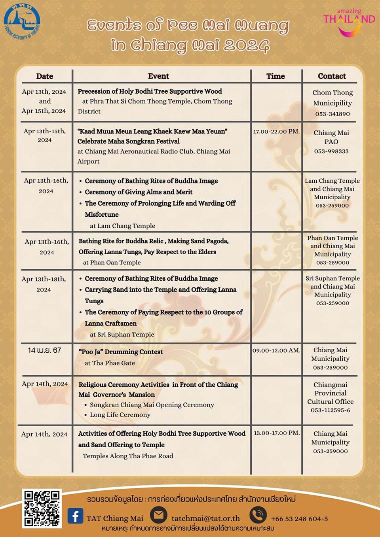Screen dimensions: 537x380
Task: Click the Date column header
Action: pos(44,76)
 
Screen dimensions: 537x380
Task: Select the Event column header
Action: pos(158,76)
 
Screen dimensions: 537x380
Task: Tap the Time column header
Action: pos(275,76)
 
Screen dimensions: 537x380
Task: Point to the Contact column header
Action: pos(332,76)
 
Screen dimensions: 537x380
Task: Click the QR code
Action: pos(42,509)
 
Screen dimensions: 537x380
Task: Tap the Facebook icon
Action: pos(75,516)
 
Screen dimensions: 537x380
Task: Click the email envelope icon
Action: pos(158,515)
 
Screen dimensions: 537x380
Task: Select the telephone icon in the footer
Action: pos(258,515)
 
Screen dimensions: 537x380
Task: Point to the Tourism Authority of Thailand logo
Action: pos(22,23)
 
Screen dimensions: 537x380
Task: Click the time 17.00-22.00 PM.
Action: pos(276,131)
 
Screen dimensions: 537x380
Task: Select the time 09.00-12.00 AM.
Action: pos(276,350)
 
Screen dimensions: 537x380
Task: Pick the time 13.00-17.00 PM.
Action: pos(276,433)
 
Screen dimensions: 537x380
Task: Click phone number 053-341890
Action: pos(332,114)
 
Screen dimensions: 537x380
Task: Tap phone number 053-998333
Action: pos(331,151)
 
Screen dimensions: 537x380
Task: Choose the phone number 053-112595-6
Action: pos(331,410)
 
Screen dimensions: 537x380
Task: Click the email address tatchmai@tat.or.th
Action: pos(205,518)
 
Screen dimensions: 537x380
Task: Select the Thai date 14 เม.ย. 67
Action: pos(45,350)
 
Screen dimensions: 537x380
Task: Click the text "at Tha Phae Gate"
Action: pos(110,363)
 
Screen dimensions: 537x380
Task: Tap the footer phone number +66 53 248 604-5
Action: pos(299,519)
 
